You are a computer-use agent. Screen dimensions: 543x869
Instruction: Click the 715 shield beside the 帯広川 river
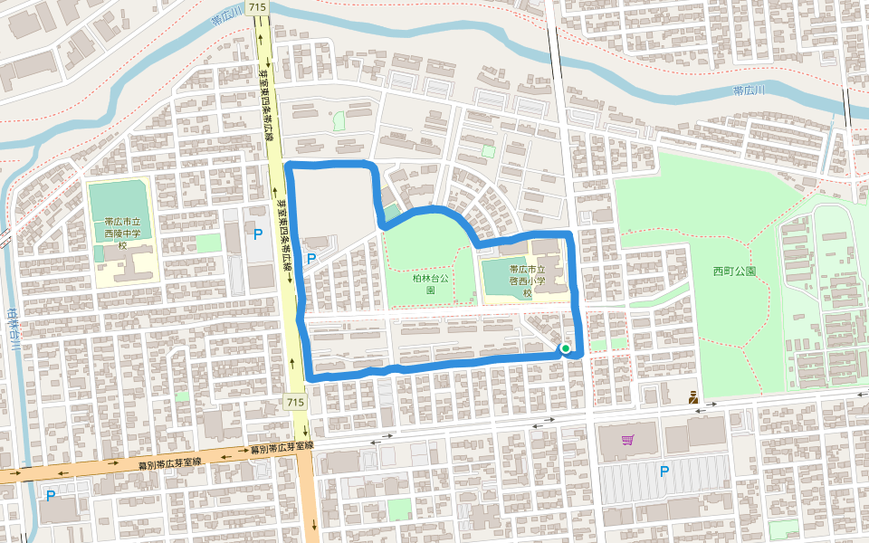(261, 7)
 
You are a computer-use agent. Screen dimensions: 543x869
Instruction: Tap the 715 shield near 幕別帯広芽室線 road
(293, 402)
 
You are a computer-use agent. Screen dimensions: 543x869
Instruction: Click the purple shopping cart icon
(627, 440)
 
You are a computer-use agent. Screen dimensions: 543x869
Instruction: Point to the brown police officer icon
(693, 396)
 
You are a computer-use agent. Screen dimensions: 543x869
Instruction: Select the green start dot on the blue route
(565, 348)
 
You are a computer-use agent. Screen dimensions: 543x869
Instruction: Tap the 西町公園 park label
(734, 271)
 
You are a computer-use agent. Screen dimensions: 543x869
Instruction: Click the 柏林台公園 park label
(430, 285)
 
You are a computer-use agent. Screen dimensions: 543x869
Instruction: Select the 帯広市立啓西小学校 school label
(526, 281)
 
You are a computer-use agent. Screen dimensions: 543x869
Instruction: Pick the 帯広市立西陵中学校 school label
(122, 233)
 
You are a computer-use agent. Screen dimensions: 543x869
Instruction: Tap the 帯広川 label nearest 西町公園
(750, 90)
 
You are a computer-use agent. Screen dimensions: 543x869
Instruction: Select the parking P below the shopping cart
(664, 471)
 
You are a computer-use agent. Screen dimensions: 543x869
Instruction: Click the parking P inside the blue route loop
(312, 260)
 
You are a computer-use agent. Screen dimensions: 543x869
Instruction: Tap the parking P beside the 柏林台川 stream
(51, 495)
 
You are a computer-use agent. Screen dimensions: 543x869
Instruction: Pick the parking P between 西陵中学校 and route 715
(258, 234)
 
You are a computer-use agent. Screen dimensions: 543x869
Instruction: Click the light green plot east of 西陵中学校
(208, 243)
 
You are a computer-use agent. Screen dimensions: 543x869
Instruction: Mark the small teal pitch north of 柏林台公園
(391, 214)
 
